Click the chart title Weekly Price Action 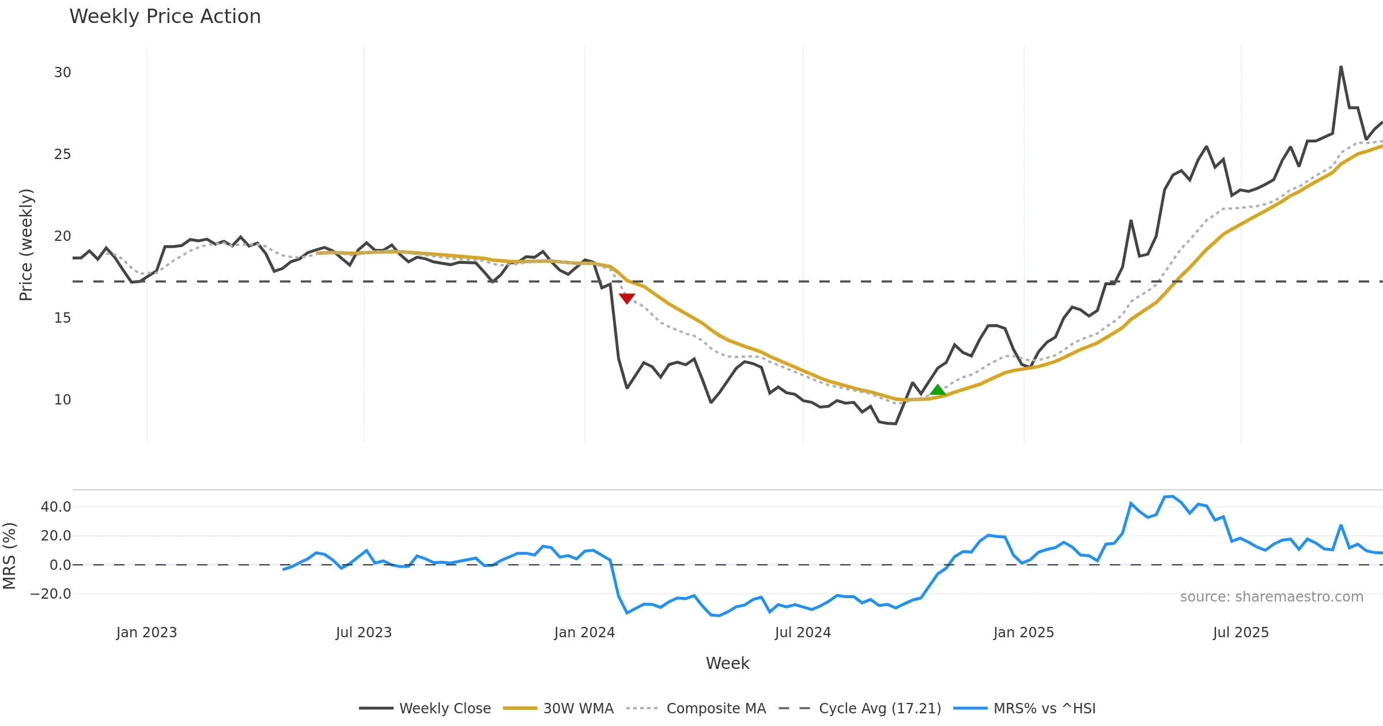click(165, 17)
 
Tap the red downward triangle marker click(627, 298)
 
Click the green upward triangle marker click(938, 390)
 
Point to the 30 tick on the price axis click(62, 73)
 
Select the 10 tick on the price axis click(62, 400)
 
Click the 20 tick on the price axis click(62, 236)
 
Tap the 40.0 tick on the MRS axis click(56, 507)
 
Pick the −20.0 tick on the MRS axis click(51, 594)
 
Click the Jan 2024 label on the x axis click(584, 633)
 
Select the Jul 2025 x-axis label click(1241, 633)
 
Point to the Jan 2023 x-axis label click(146, 633)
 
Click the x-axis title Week click(727, 664)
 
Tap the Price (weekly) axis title click(26, 245)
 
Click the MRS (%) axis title click(9, 556)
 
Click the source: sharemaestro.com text click(1271, 597)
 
